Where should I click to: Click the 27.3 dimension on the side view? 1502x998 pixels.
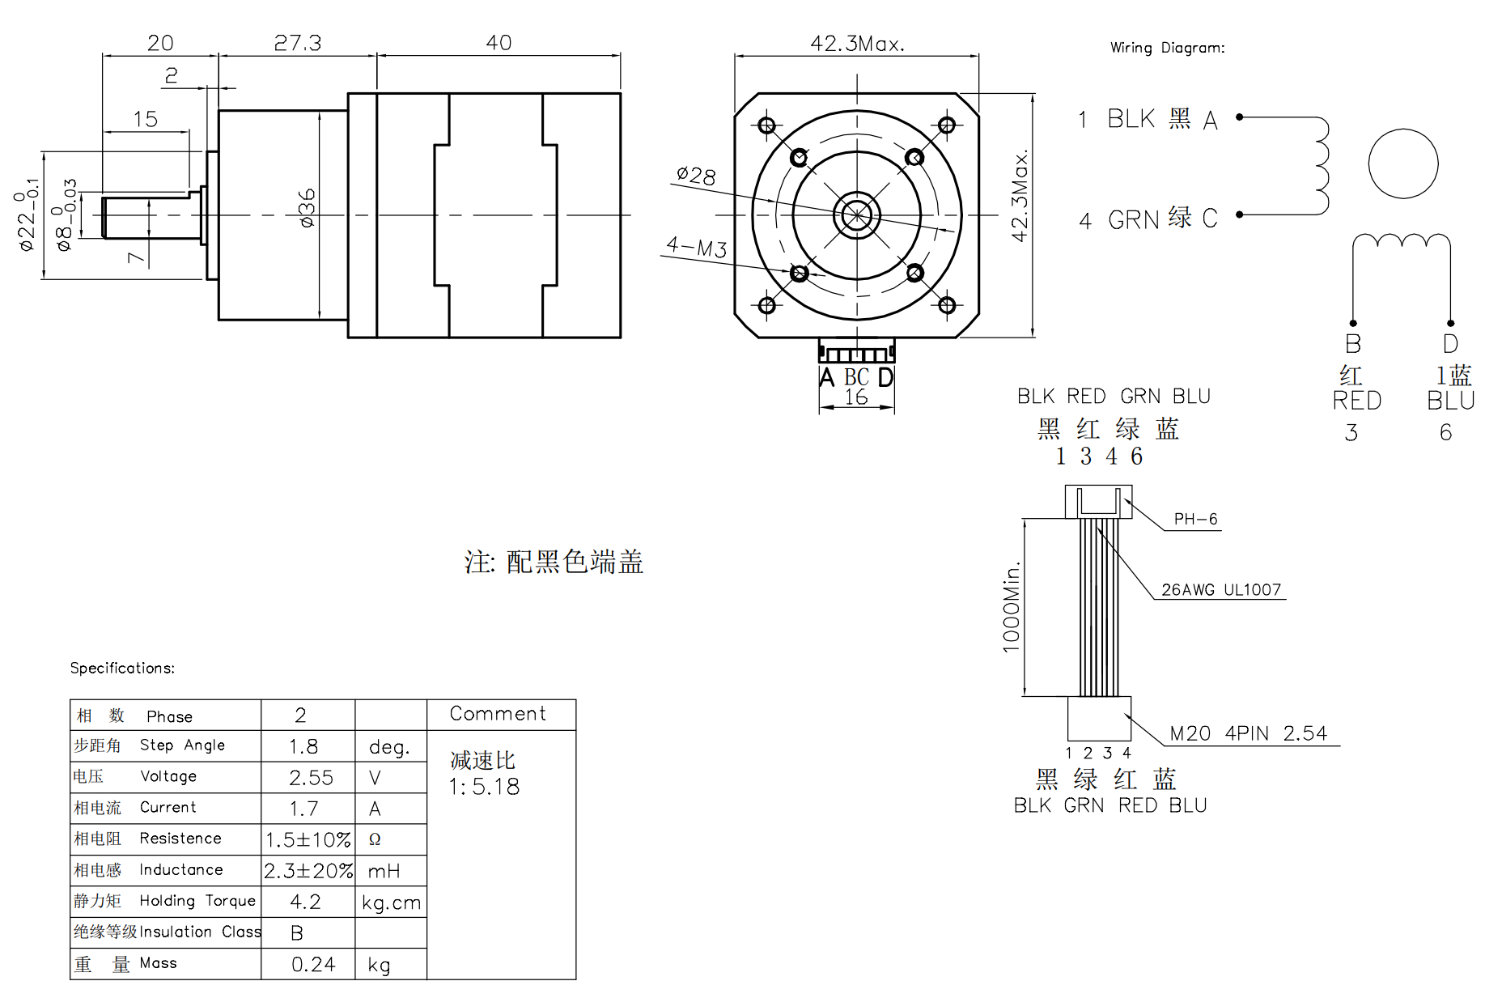pos(298,43)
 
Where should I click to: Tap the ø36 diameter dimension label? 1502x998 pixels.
pos(307,208)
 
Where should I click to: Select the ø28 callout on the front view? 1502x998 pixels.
pos(696,175)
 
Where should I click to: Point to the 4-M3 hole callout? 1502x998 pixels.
pos(697,247)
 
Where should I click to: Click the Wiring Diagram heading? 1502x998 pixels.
pos(1167,48)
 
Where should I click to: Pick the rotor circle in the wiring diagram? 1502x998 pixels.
pos(1403,130)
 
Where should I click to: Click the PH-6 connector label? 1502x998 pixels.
pos(1195,519)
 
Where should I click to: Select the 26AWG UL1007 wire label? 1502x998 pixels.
pos(1221,590)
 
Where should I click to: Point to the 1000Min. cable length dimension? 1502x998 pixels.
pos(1012,606)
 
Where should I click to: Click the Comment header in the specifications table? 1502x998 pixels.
pos(498,713)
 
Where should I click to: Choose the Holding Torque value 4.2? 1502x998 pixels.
pos(305,902)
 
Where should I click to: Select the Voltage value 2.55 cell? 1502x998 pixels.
pos(311,778)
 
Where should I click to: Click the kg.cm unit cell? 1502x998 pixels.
pos(391,902)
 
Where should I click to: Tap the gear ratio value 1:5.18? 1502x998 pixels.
pos(484,787)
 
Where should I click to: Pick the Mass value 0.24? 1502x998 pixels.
pos(313,964)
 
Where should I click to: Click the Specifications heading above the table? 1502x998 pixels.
pos(122,668)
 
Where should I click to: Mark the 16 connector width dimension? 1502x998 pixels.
pos(856,397)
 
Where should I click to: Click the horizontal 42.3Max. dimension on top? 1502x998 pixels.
pos(857,43)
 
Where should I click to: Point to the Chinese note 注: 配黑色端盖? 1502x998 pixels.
pos(554,561)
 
